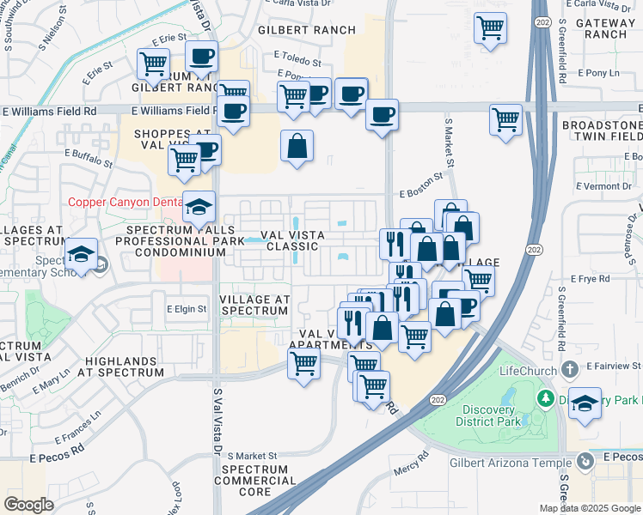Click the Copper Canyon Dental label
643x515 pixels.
[125, 202]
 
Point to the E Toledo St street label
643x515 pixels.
[293, 63]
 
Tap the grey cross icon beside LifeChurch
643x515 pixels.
[568, 369]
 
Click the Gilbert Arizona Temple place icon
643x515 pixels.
[585, 462]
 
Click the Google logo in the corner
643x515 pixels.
[29, 505]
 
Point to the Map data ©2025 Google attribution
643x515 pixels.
[590, 508]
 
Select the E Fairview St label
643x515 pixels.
[614, 366]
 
